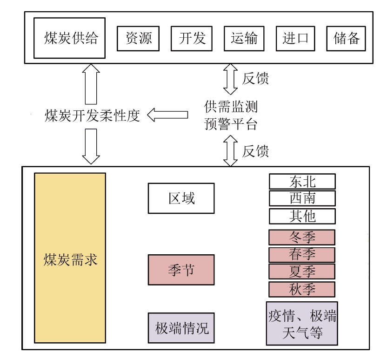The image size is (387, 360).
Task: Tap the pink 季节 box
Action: (181, 269)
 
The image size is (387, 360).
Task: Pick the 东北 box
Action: (302, 181)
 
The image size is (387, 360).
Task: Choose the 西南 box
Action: (302, 198)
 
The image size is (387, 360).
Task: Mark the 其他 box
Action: (302, 216)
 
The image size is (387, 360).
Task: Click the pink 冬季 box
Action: (302, 237)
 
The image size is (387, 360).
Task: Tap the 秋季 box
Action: (302, 289)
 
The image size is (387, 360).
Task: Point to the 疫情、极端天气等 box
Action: (302, 323)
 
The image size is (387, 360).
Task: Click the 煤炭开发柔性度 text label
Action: (92, 115)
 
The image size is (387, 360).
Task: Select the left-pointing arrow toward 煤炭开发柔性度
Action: (167, 115)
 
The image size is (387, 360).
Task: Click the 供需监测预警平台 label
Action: (231, 115)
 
